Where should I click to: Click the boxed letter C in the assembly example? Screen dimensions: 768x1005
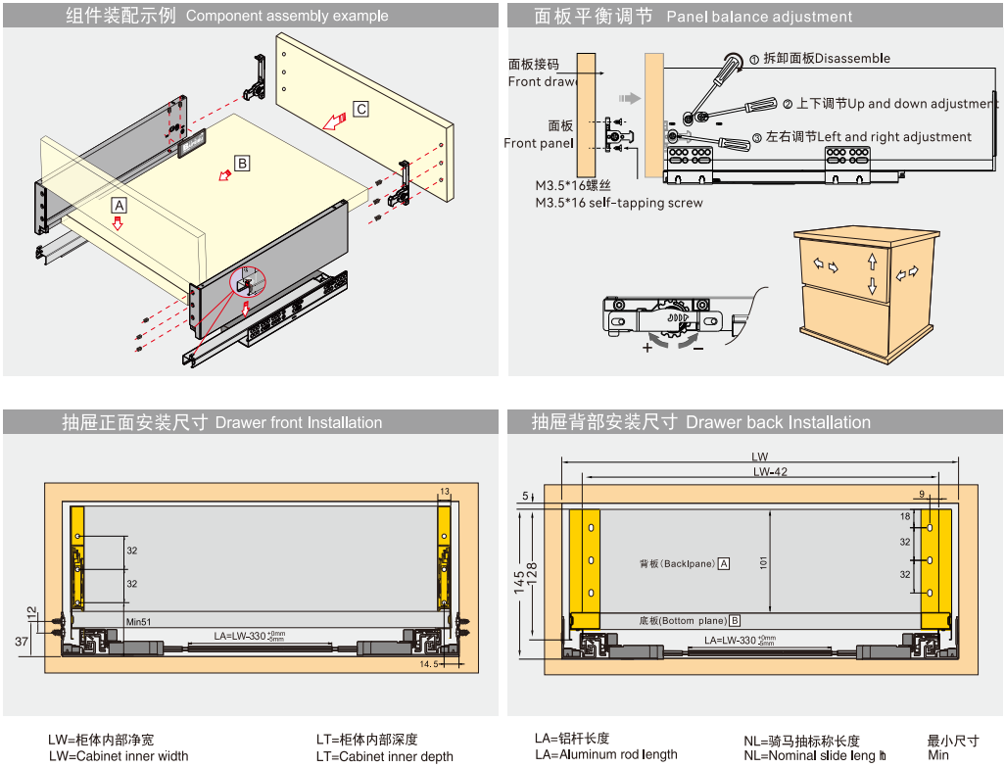point(361,110)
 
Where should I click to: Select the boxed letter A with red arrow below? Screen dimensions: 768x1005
point(119,206)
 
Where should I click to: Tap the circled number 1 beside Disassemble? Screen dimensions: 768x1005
point(754,59)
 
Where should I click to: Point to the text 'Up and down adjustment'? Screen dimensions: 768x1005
point(922,104)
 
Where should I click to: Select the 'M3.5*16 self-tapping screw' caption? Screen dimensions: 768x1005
point(618,203)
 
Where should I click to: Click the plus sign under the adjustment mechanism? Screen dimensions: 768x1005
point(647,348)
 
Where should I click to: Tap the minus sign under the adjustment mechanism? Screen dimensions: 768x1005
point(697,348)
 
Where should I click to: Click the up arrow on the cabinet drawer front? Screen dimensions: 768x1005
point(872,262)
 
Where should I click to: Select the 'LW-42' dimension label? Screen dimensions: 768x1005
point(770,472)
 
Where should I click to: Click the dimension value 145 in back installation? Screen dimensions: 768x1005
point(518,582)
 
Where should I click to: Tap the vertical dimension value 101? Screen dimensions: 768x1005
point(763,562)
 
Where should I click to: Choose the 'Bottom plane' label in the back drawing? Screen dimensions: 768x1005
point(684,621)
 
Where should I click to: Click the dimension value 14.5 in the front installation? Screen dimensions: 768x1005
point(429,664)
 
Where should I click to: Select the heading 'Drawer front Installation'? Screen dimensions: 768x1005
point(299,423)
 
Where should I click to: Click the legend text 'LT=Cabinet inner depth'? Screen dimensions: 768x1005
point(384,756)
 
